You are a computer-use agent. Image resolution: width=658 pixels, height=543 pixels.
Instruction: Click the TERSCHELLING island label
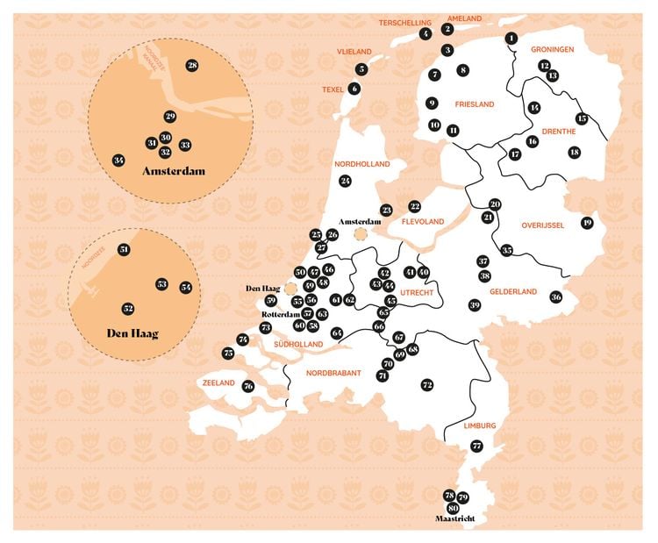coord(404,22)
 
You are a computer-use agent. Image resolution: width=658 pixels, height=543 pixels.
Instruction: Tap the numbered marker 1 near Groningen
coord(511,38)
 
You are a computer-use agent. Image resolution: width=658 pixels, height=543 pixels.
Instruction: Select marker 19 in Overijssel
coord(587,223)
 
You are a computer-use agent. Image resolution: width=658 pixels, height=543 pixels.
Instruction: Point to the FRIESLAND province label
coord(476,104)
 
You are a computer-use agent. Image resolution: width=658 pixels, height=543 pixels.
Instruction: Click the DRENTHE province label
coord(559,132)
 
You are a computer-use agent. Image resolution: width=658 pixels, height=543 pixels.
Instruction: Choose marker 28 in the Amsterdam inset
coord(192,65)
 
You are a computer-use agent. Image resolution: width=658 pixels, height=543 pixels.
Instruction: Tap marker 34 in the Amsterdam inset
coord(118,160)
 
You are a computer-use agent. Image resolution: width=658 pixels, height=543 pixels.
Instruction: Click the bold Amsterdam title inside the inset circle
coord(173,171)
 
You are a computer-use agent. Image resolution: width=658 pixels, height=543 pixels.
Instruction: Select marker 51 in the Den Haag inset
coord(124,250)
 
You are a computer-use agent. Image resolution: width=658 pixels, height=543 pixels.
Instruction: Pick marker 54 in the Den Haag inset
coord(185,287)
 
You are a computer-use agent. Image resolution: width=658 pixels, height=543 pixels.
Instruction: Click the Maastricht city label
coord(455,518)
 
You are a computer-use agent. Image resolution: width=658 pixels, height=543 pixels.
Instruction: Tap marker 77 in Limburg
coord(476,446)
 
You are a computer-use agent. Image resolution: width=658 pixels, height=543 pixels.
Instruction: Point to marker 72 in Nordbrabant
coord(427,384)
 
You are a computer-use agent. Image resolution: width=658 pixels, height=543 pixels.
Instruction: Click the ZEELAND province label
coord(218,383)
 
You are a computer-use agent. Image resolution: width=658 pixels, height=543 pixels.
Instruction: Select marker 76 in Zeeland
coord(248,386)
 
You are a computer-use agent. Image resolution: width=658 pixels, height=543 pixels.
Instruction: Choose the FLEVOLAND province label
coord(423,222)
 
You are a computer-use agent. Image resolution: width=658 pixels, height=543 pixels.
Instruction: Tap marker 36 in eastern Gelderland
coord(555,297)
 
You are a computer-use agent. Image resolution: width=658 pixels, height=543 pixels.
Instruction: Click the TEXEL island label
coord(333,89)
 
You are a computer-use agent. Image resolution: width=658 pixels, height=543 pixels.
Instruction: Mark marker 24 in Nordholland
coord(345,181)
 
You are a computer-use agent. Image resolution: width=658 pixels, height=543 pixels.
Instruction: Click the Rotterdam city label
coord(281,313)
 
